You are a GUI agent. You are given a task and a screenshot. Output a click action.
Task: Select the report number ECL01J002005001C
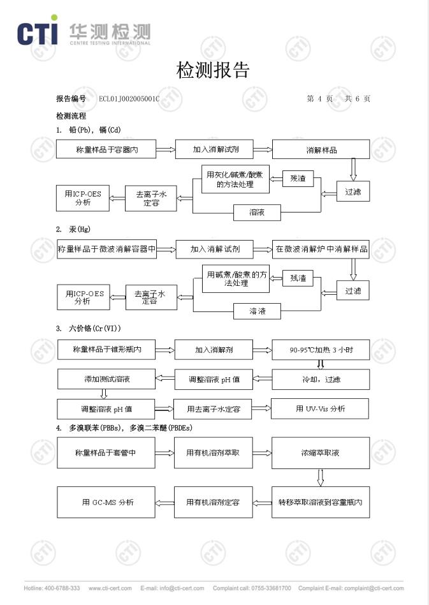(129, 99)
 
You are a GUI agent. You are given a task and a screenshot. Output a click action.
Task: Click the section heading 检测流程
(71, 116)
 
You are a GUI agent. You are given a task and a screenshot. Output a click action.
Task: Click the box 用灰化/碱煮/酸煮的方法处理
(235, 179)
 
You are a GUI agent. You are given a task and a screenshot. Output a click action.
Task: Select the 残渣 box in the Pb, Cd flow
(298, 179)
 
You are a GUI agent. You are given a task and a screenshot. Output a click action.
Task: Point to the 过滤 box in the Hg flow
(353, 291)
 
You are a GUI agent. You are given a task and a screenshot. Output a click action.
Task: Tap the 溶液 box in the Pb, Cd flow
(257, 212)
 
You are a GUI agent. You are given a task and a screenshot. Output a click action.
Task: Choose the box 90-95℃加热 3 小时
(321, 350)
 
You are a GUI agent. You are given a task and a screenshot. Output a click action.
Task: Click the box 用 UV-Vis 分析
(320, 408)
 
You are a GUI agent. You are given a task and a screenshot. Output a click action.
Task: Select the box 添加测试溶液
(106, 379)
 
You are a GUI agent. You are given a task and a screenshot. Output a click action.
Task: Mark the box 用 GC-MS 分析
(107, 502)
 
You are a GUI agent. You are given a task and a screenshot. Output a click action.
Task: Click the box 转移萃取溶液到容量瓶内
(321, 502)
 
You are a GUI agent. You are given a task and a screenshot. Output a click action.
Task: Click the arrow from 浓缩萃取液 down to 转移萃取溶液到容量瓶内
(321, 477)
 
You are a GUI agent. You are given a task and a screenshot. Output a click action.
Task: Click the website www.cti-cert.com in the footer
(110, 588)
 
